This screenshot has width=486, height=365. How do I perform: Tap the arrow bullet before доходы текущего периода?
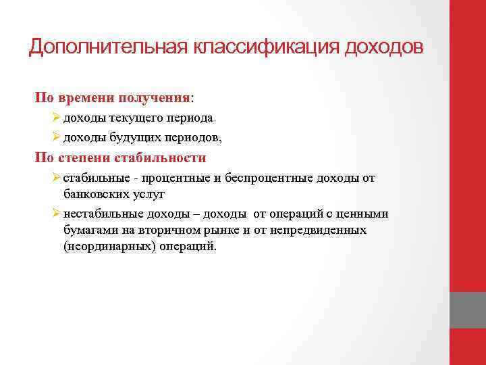click(56, 118)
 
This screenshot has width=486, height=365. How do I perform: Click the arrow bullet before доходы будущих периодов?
click(56, 137)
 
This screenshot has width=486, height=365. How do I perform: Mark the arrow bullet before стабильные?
click(56, 178)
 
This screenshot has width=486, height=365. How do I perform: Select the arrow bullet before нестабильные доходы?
click(56, 214)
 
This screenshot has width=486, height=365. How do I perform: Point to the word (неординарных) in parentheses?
click(101, 246)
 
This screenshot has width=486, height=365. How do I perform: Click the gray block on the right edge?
click(468, 310)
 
